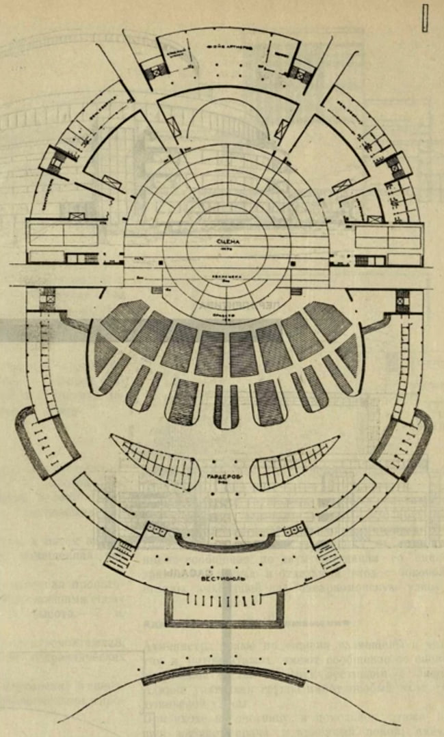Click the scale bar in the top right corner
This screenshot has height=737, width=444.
point(426,19)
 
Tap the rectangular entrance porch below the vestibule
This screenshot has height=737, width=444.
point(224,608)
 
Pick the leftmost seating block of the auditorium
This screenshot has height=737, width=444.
point(105,354)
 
